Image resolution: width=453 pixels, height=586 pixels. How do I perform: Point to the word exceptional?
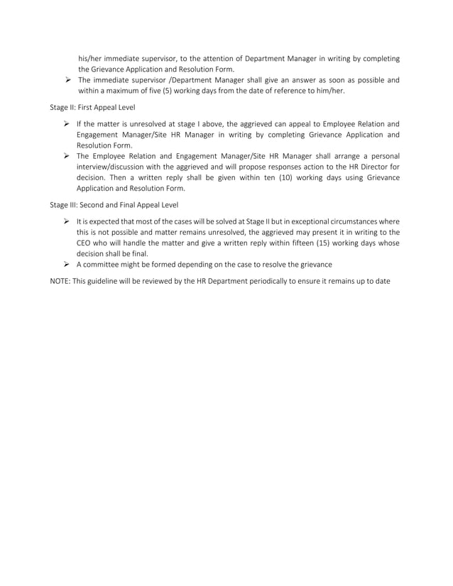[x=316, y=221]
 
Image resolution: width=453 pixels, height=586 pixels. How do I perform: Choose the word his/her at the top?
[x=91, y=59]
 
